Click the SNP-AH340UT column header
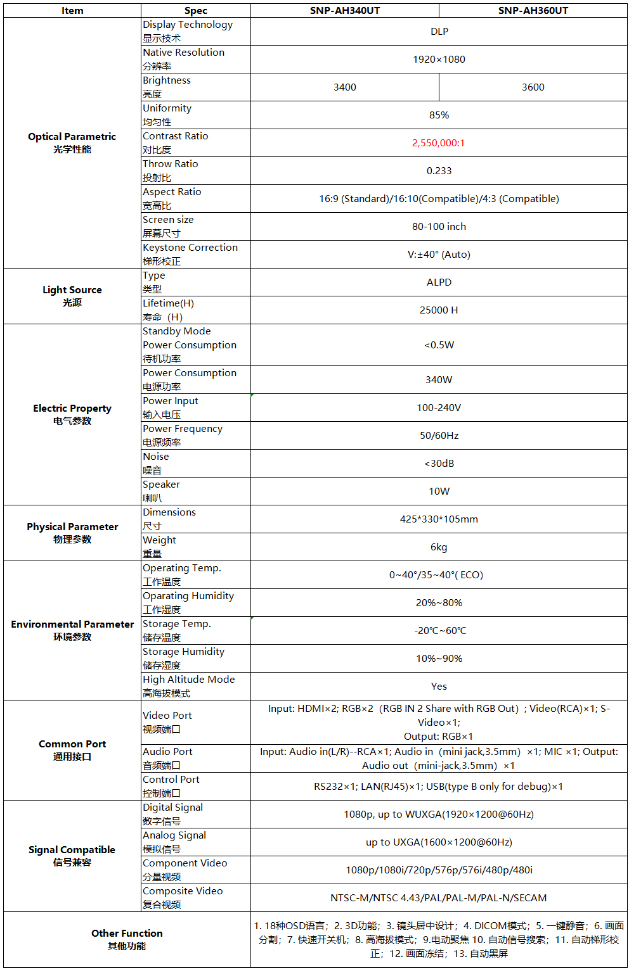(344, 10)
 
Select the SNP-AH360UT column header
(533, 10)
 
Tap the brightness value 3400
(344, 87)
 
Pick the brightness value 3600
(533, 87)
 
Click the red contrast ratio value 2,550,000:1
(438, 143)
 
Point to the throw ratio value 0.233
(439, 171)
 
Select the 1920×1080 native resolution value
(439, 60)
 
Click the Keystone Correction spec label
(190, 248)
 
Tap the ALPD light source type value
(439, 282)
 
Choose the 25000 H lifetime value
(439, 310)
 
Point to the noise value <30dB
(439, 464)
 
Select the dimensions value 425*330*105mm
(439, 519)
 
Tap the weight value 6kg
(439, 547)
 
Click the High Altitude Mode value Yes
(439, 687)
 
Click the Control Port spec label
(171, 780)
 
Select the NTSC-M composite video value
(439, 898)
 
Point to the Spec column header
(195, 10)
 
